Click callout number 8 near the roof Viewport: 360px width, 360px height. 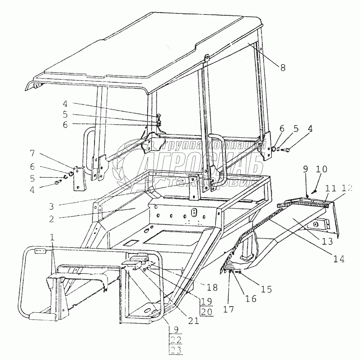[283, 68]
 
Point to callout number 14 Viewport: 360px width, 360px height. [340, 258]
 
